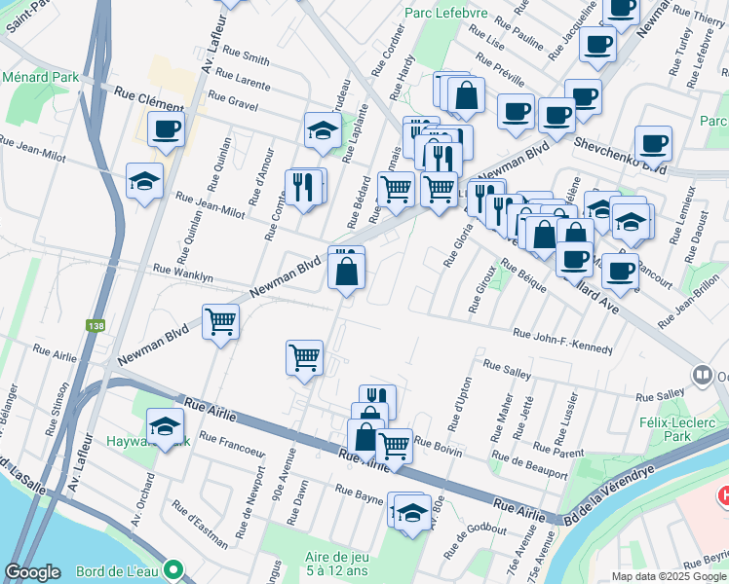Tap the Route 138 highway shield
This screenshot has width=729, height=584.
click(x=95, y=326)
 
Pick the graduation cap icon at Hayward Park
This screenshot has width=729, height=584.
click(x=165, y=424)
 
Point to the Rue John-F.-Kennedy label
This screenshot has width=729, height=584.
click(x=563, y=342)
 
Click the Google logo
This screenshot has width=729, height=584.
click(x=32, y=572)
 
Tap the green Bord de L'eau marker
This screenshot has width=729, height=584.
click(x=173, y=567)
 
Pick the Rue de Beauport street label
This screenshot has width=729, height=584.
click(x=529, y=464)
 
